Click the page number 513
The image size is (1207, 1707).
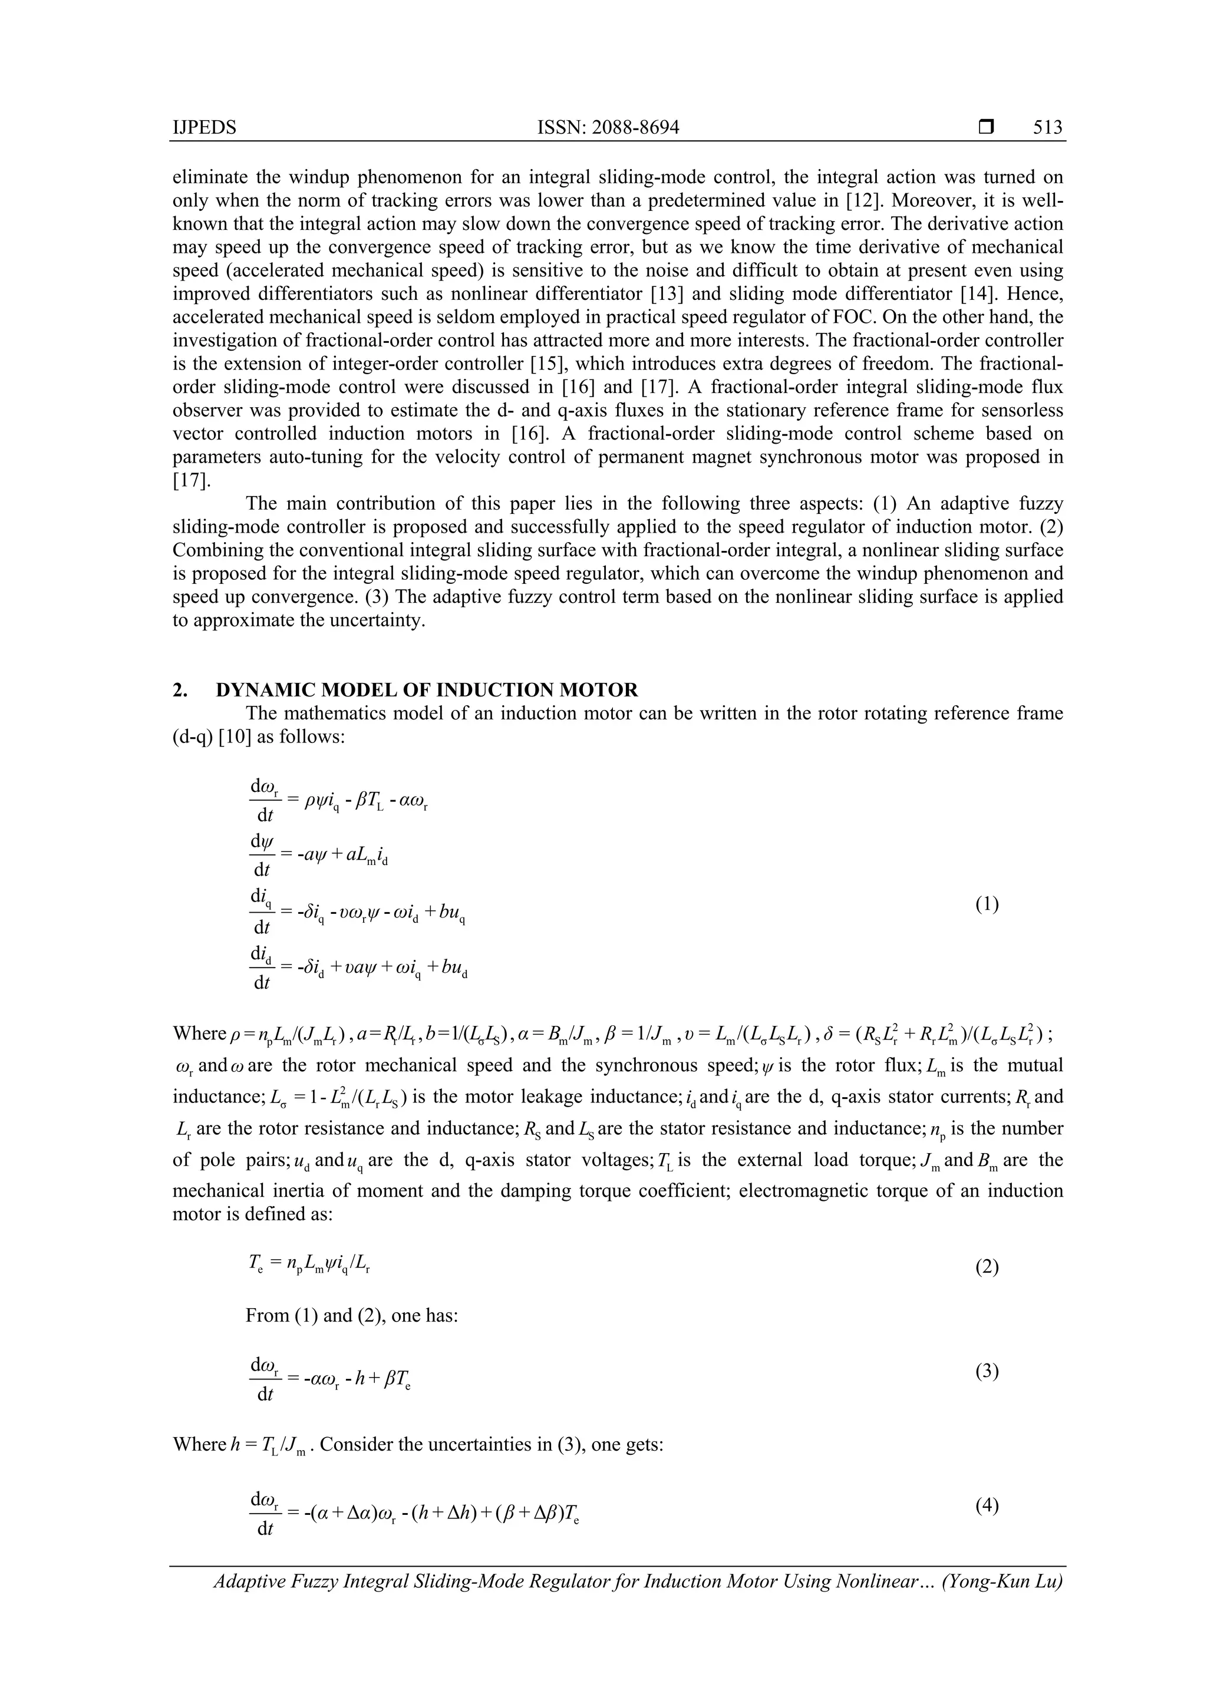(x=1047, y=128)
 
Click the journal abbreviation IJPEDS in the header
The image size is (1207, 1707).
(x=205, y=128)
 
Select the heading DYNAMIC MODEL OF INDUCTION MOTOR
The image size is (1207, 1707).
(x=426, y=690)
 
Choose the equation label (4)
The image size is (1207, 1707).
(x=987, y=1506)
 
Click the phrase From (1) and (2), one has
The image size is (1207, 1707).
(x=351, y=1315)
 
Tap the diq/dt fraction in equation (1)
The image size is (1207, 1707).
(x=263, y=914)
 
